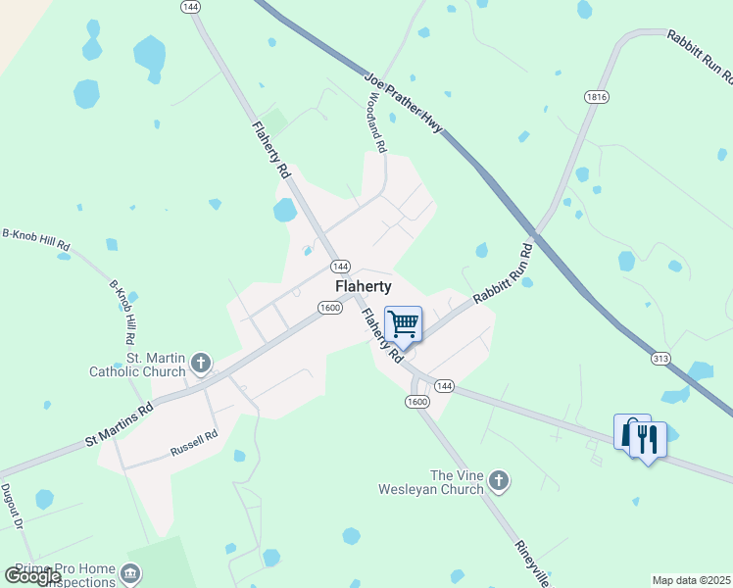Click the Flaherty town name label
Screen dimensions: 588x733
point(364,286)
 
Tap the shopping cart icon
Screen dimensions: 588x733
point(404,324)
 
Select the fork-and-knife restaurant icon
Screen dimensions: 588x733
point(648,438)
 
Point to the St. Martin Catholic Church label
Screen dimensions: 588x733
point(137,366)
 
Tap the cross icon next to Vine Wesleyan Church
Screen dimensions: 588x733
point(499,481)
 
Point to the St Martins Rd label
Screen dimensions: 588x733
point(119,422)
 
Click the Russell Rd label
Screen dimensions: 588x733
point(193,448)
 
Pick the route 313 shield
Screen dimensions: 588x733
point(660,359)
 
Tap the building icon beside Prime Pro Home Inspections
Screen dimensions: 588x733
point(129,573)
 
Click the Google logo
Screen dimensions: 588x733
point(32,576)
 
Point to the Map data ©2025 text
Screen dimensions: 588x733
point(692,580)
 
